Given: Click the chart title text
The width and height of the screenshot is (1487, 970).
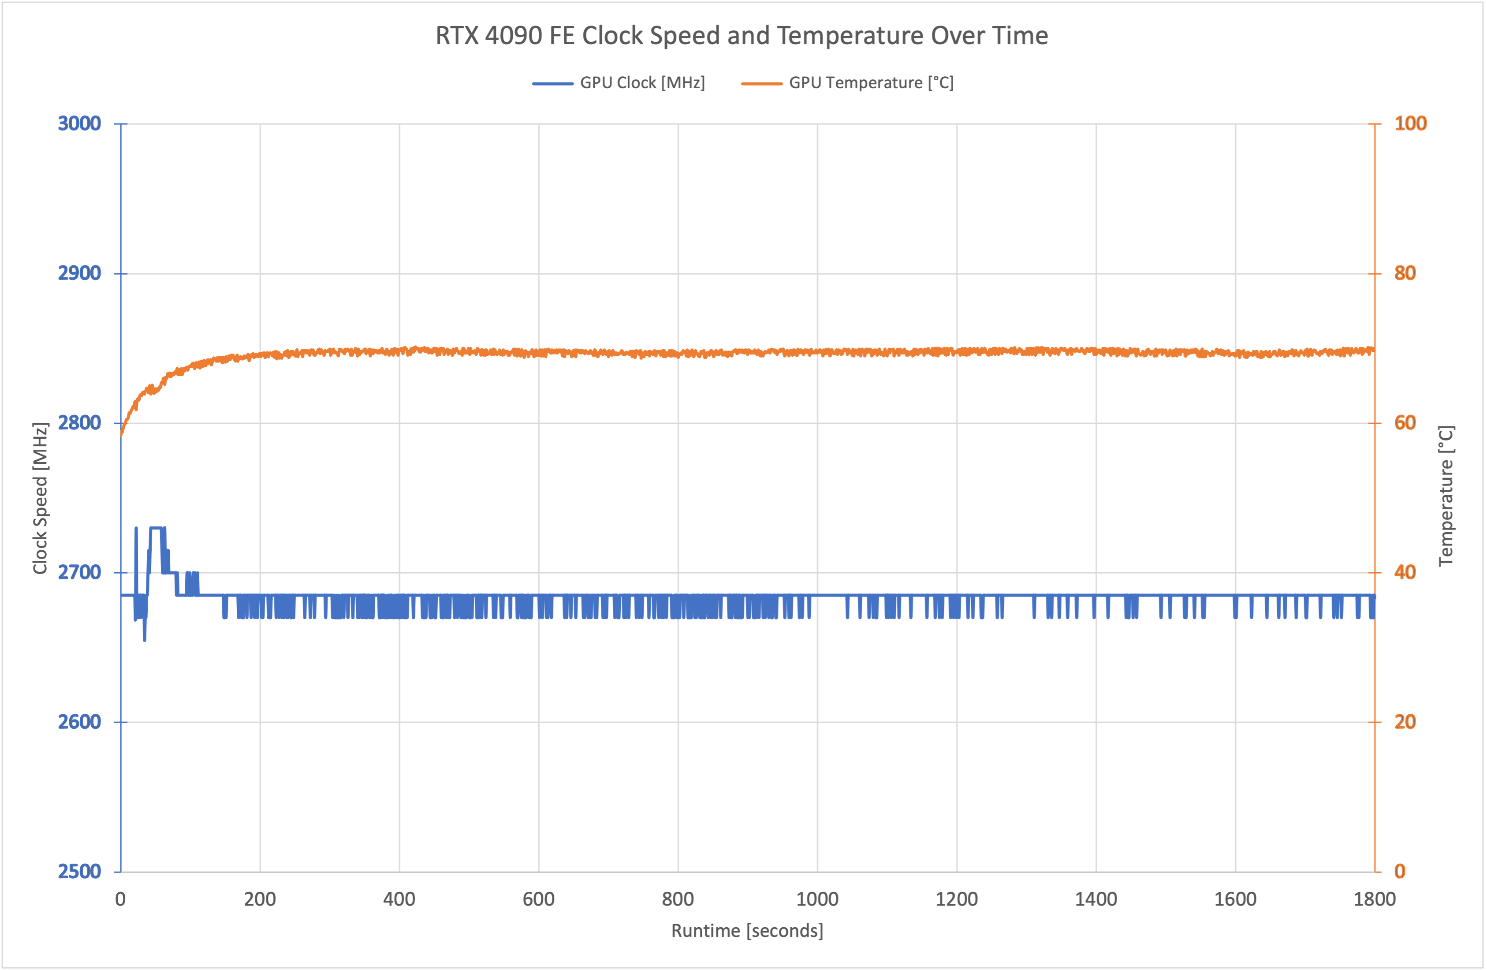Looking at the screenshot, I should pos(742,36).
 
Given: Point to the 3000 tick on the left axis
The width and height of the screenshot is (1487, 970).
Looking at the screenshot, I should pos(79,124).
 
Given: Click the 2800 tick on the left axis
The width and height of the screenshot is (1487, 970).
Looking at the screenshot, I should pos(79,423).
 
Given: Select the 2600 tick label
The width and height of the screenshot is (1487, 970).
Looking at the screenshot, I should pos(79,722).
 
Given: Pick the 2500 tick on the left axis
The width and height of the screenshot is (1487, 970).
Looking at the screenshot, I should pos(79,871).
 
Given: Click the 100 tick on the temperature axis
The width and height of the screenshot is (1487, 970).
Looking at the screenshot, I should pos(1410,124).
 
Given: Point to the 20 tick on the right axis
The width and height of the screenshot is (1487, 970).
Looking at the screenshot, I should pos(1405,722).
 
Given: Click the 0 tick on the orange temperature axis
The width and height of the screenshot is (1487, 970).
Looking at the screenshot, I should pos(1400,871).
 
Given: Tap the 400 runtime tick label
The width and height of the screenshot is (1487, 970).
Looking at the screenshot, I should pos(399,899).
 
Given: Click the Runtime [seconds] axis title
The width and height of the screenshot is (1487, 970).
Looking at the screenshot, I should pos(747,931).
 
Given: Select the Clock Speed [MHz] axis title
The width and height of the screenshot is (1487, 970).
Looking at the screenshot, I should pos(41,498).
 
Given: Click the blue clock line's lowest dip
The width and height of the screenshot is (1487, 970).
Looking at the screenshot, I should pos(144,639).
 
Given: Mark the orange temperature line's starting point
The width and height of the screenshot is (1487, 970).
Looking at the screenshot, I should pos(121,434).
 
